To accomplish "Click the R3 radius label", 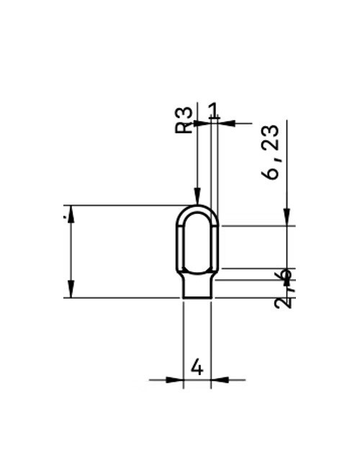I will point(184,120).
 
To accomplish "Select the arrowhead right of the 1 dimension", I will point(226,123).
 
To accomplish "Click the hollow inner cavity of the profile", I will point(197,241).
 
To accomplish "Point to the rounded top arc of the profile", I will point(197,207).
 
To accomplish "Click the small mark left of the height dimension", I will point(66,213).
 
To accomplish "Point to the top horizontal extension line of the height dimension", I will point(122,205).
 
